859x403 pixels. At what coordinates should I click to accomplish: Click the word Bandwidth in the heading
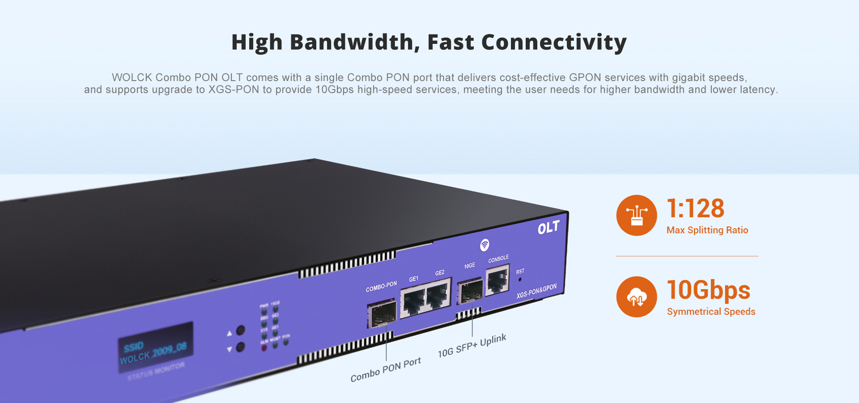pos(352,43)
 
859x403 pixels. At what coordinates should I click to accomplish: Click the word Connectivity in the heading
pos(553,43)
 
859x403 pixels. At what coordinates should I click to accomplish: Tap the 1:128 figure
pos(695,209)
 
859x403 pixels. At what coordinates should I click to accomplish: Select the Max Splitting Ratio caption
pos(707,230)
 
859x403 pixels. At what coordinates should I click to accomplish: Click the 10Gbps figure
pos(708,290)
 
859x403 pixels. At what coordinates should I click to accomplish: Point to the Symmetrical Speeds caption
pos(711,312)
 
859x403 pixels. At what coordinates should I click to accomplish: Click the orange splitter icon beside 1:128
pos(636,215)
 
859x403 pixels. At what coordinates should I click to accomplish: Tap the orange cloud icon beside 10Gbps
pos(636,297)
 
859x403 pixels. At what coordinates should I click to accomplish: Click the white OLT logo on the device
pos(548,228)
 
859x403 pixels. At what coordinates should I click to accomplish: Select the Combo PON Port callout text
pos(385,369)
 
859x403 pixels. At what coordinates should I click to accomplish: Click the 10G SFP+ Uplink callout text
pos(472,346)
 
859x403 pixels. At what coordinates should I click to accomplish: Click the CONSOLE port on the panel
pos(497,281)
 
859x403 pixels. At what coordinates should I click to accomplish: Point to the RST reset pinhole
pos(519,280)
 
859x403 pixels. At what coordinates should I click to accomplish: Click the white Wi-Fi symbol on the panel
pos(485,245)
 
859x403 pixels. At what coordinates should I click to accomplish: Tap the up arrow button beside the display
pos(240,331)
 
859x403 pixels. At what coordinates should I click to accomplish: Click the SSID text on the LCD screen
pos(133,347)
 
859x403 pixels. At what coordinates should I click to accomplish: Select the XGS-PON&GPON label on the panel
pos(536,291)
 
